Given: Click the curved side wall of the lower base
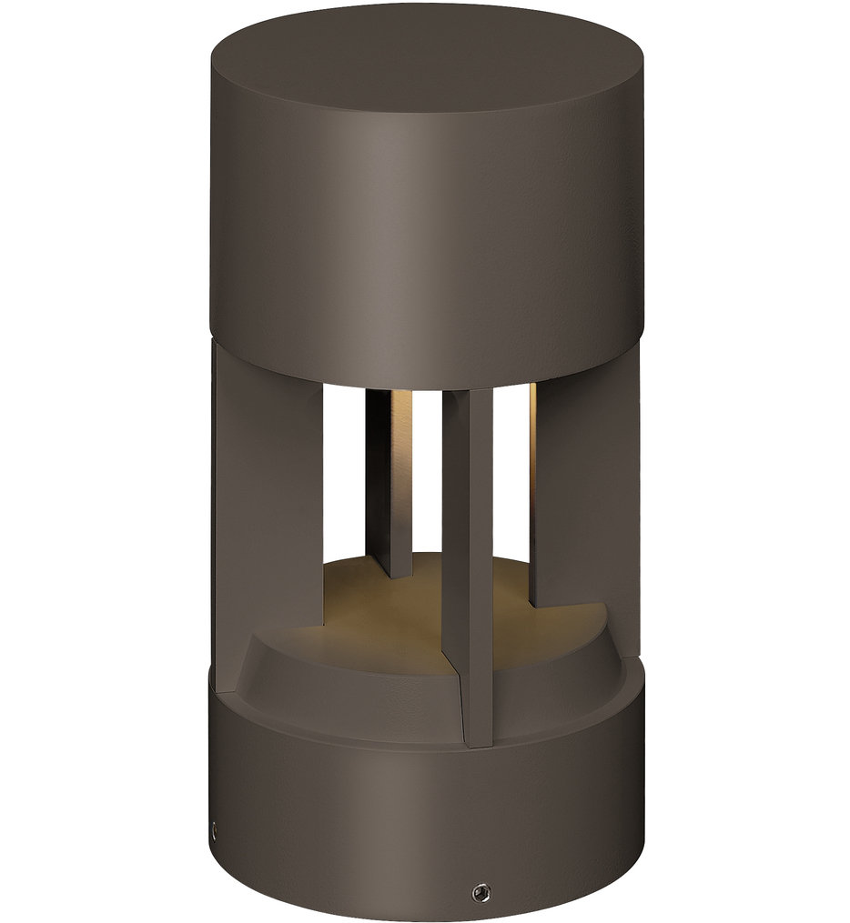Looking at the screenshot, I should coord(364,818).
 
